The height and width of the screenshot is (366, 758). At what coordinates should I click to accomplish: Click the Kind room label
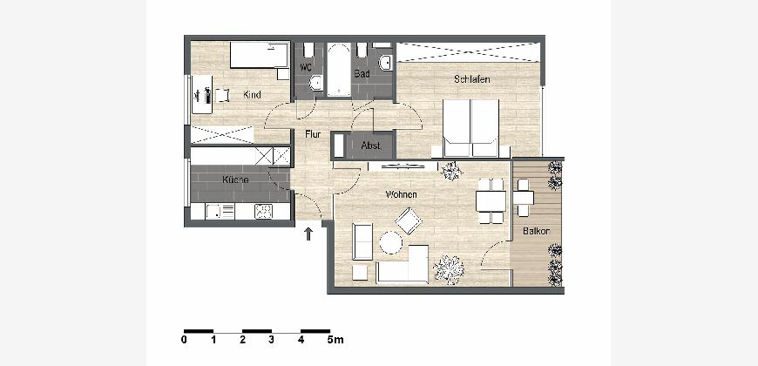coord(252,95)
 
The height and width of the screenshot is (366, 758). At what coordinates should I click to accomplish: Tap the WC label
coord(306,67)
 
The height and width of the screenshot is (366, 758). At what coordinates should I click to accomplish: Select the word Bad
coord(362,73)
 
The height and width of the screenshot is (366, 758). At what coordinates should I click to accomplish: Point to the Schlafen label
coord(472,79)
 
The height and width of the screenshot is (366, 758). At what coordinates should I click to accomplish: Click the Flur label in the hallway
coord(313,135)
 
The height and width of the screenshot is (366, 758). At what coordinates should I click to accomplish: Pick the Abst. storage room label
coord(371,145)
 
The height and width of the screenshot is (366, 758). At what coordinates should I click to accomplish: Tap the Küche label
coord(235,180)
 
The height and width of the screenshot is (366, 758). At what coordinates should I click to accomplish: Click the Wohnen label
coord(402,194)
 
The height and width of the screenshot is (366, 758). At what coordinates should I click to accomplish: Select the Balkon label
coord(536,231)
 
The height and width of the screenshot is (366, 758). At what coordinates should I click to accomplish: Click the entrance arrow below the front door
coord(308,234)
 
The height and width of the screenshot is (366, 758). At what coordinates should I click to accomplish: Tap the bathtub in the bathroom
coord(339,70)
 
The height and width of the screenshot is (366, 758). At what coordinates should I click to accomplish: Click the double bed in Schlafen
coord(470,128)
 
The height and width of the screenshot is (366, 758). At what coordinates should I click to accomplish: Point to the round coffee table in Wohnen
coord(390,243)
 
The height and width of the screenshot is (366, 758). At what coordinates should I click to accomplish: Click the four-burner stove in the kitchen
coord(263,211)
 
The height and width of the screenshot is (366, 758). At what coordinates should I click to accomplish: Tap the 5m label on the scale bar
coord(335,340)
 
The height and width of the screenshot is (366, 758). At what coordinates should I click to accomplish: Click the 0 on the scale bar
coord(184,340)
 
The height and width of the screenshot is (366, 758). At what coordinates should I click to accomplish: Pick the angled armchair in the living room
coord(409,221)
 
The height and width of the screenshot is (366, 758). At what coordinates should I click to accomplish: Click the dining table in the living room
coord(491,201)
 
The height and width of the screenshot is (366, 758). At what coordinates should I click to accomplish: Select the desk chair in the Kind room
coord(222,95)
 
